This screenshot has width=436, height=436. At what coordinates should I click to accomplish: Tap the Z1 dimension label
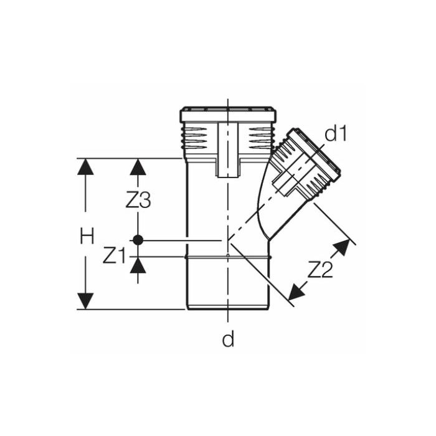(114, 255)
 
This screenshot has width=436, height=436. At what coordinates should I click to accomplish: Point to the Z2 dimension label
(320, 269)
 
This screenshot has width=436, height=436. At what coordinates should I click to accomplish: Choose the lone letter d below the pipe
(229, 339)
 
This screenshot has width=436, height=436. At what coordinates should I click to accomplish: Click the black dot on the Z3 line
(138, 240)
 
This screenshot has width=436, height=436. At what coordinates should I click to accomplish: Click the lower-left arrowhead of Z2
(298, 289)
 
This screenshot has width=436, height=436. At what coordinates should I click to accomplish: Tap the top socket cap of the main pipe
(228, 115)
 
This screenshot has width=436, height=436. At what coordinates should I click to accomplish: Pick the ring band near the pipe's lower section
(228, 256)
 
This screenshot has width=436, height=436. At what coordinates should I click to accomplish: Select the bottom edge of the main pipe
(228, 308)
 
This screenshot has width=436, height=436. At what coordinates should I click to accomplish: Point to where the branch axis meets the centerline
(229, 240)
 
